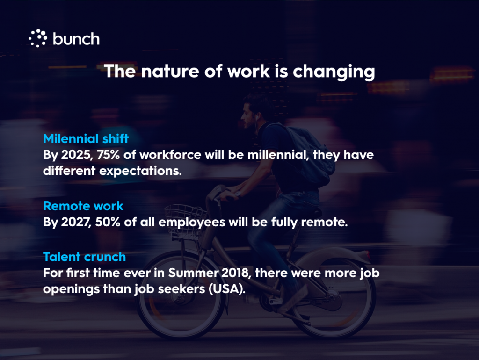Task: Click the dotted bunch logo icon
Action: tap(38, 38)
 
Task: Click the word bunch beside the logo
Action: tap(76, 39)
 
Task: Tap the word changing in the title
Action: tap(334, 72)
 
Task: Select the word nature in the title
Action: tap(170, 71)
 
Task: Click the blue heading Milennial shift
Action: tap(86, 139)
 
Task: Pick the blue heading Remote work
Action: tap(83, 206)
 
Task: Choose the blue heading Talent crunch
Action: tap(84, 257)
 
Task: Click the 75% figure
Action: tap(109, 155)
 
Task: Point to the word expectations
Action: tap(140, 171)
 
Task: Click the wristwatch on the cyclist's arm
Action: tap(238, 194)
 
